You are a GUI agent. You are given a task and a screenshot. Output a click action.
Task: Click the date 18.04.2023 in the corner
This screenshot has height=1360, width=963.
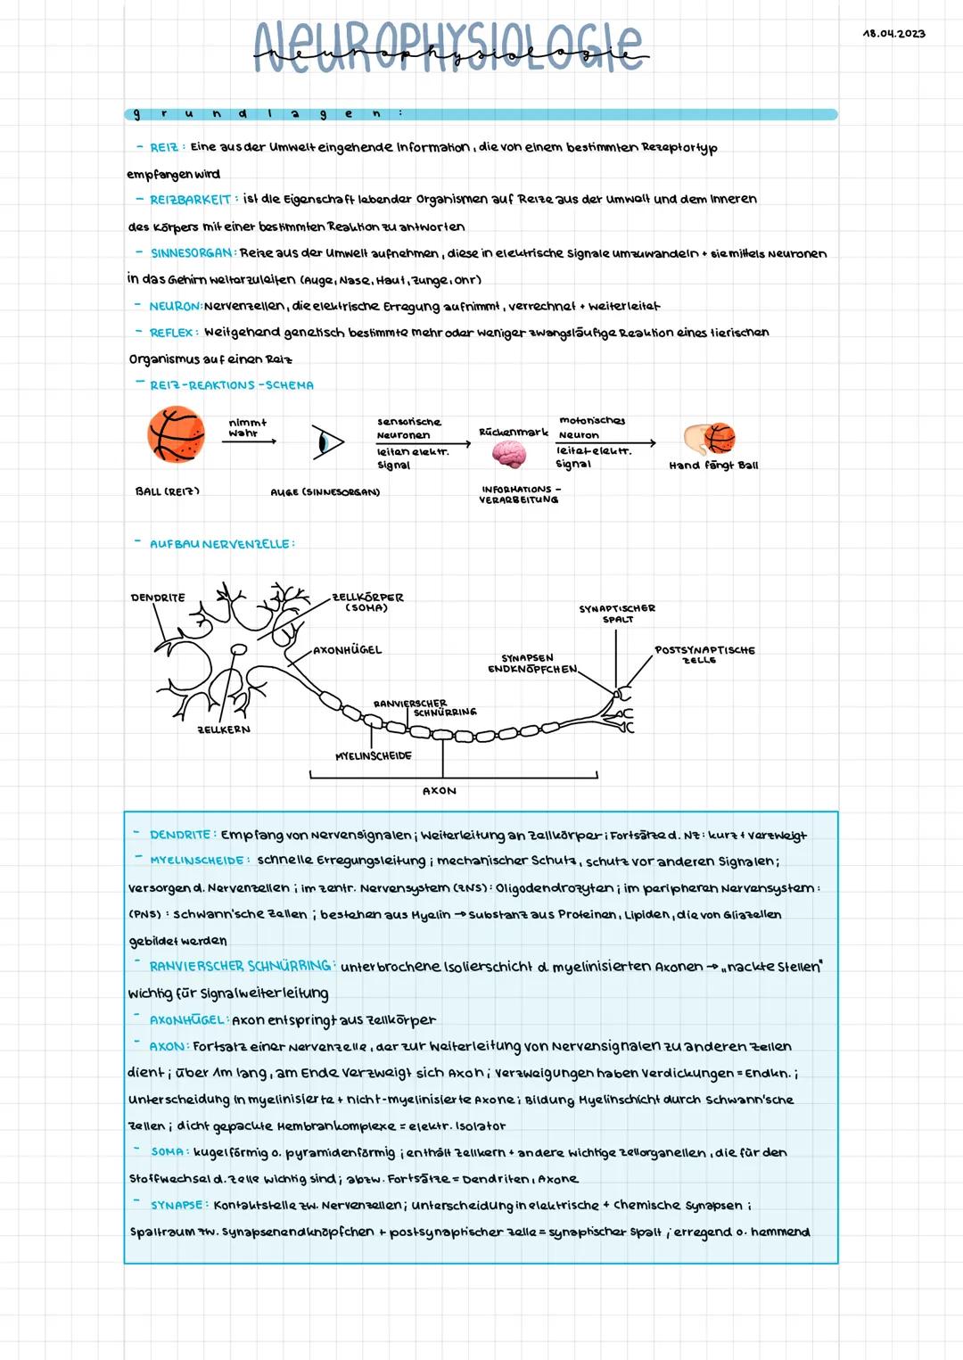(894, 34)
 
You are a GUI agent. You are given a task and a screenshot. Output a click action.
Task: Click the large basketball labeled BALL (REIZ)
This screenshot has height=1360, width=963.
(176, 436)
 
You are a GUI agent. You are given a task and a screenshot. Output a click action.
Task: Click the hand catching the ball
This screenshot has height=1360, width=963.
(710, 439)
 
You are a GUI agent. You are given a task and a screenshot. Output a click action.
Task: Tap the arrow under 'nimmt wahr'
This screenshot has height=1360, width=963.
(249, 441)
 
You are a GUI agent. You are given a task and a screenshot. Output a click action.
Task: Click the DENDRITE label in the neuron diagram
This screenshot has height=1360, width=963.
(158, 598)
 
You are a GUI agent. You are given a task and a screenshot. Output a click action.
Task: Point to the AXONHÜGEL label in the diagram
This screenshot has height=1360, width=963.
(348, 650)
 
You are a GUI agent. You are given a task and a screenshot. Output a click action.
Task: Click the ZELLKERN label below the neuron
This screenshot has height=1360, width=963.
(223, 729)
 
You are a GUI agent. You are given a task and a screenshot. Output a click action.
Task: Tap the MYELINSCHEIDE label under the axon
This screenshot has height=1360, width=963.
(373, 755)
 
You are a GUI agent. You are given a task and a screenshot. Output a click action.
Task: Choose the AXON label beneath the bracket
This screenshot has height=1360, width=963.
(439, 790)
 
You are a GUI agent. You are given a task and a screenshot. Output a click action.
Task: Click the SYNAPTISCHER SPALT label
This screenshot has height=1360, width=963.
(617, 614)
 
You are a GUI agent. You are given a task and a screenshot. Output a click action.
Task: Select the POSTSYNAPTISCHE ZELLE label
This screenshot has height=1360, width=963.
(704, 655)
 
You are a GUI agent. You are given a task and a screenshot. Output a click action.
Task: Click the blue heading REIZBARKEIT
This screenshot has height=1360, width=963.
(190, 200)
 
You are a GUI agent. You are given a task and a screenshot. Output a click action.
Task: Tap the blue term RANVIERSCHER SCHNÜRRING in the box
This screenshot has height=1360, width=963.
(241, 967)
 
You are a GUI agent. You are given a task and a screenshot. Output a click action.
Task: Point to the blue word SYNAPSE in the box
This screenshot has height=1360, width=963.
(177, 1205)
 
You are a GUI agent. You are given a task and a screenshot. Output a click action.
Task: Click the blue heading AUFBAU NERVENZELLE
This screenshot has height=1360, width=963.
(220, 544)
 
